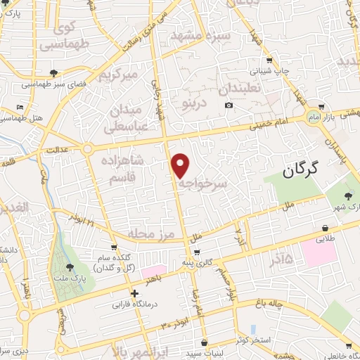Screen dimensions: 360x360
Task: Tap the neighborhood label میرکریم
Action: [x=122, y=74]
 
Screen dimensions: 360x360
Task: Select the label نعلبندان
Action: [x=239, y=89]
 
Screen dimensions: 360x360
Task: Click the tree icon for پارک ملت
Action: [x=70, y=267]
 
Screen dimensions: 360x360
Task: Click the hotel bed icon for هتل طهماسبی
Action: [x=20, y=107]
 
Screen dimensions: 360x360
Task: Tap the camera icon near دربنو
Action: [x=229, y=105]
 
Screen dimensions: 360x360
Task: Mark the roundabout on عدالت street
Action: [x=87, y=149]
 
